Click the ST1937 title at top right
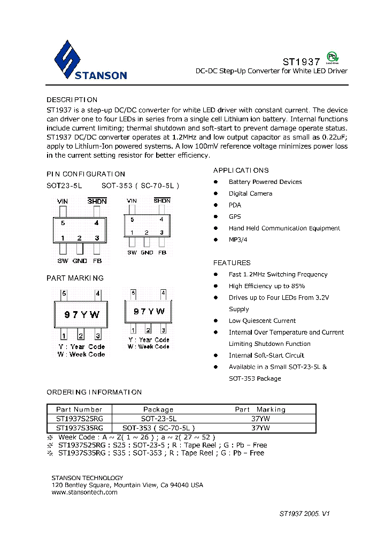[301, 62]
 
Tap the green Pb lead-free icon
[333, 58]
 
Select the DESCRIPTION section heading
[72, 100]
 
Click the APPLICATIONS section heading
[241, 171]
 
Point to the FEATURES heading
[232, 263]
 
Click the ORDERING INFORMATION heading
[94, 392]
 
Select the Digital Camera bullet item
[250, 194]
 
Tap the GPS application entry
[235, 217]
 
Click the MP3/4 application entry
[238, 239]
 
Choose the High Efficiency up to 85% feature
[267, 286]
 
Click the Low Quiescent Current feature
[262, 321]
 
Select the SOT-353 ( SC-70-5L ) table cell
[158, 428]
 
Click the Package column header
[158, 409]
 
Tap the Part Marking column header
[260, 409]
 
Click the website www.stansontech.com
[84, 492]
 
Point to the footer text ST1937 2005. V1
[304, 513]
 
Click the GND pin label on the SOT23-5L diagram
[80, 261]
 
